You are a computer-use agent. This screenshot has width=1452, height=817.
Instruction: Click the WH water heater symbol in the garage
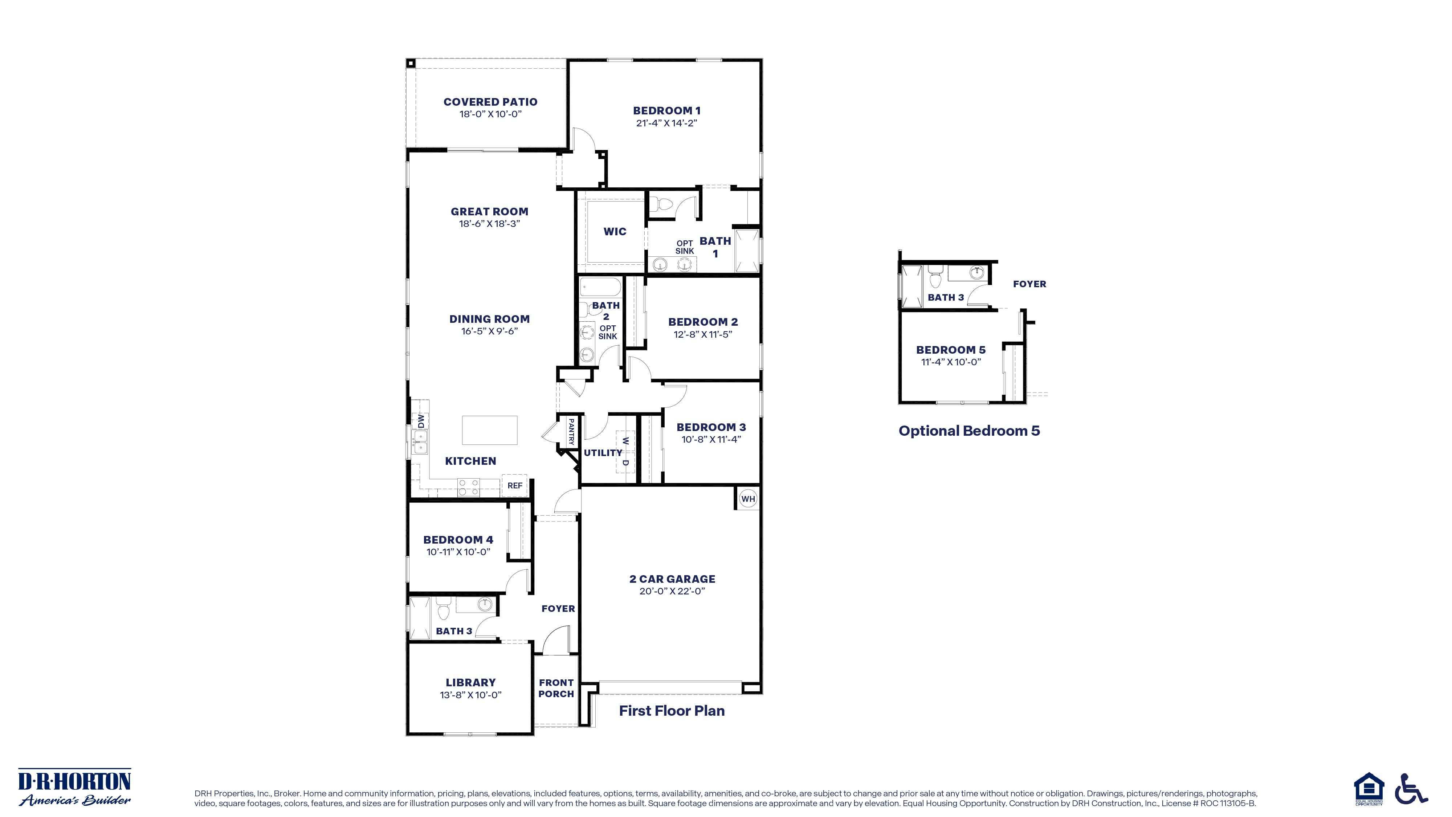(x=747, y=499)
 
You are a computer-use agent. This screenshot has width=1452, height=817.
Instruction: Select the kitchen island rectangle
(x=489, y=430)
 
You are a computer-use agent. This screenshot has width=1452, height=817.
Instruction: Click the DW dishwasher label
(x=420, y=420)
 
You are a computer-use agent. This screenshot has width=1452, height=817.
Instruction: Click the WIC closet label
(x=615, y=231)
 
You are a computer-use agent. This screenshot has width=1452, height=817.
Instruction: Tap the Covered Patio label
(x=490, y=102)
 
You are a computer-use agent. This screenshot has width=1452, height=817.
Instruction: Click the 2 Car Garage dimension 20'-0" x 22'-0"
(x=672, y=591)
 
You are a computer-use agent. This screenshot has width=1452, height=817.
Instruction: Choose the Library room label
(x=471, y=682)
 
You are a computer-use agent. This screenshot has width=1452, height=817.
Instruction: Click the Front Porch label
(x=556, y=688)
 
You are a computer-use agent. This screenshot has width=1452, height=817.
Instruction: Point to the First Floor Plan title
(x=671, y=711)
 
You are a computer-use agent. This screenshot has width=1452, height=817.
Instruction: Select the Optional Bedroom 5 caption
(x=969, y=431)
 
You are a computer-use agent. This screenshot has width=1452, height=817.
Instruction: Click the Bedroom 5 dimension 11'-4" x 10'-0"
(x=951, y=362)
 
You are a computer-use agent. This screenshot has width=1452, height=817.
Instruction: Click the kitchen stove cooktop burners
(x=468, y=487)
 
